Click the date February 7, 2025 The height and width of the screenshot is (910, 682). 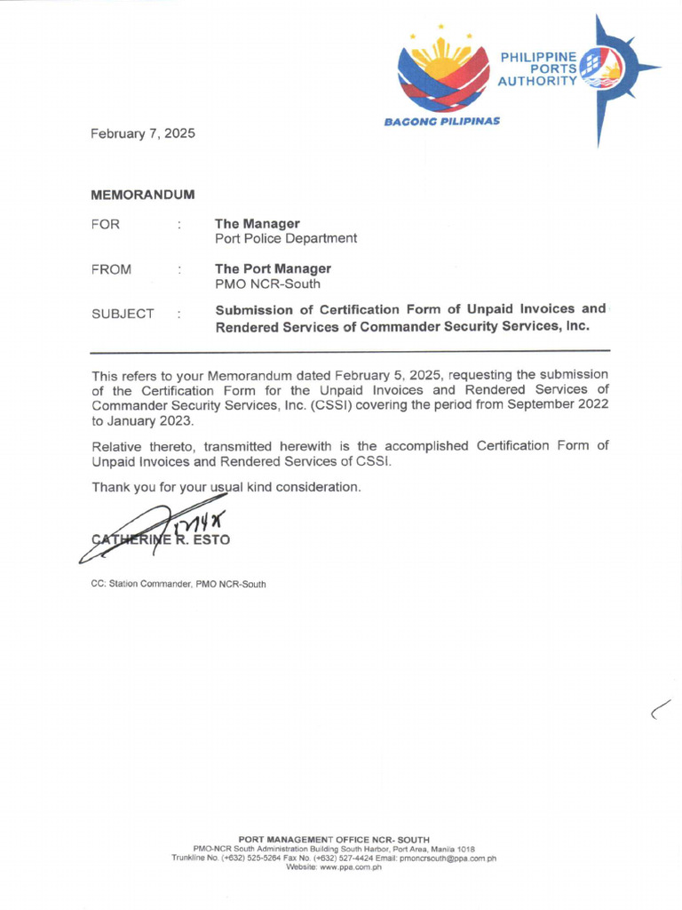142,134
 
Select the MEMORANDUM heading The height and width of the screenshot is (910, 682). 142,194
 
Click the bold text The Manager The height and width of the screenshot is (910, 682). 257,223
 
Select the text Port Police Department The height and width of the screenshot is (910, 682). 286,239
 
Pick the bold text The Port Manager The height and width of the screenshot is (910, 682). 273,268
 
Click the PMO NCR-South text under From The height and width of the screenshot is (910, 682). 267,284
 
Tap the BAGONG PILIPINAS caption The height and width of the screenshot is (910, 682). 441,121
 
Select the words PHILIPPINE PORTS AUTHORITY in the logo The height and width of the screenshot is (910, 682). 539,69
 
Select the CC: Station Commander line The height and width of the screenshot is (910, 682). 178,584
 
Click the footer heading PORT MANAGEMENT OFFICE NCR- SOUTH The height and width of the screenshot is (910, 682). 335,839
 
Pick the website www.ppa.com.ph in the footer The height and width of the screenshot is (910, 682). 335,867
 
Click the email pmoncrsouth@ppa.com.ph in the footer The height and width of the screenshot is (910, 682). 448,858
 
